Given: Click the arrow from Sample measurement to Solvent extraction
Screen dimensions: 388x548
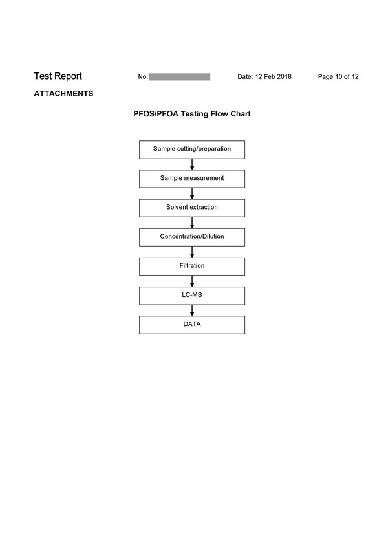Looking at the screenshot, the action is [x=191, y=193].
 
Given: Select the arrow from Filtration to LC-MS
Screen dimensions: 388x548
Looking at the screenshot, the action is [x=191, y=281].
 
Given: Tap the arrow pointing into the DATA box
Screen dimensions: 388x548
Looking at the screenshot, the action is [x=191, y=311].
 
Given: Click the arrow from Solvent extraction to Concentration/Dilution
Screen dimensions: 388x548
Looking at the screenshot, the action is [x=191, y=223].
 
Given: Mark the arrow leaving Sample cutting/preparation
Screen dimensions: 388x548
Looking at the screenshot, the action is [x=191, y=164].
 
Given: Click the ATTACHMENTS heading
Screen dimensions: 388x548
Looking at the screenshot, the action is [x=63, y=94].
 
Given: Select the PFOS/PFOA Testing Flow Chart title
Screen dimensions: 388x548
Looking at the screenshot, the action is [x=191, y=114].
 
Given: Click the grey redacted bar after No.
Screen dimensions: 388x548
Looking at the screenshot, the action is [x=180, y=77].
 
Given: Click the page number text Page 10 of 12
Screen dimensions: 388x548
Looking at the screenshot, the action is [x=338, y=76].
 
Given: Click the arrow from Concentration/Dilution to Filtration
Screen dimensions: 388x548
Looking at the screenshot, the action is [x=191, y=252].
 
